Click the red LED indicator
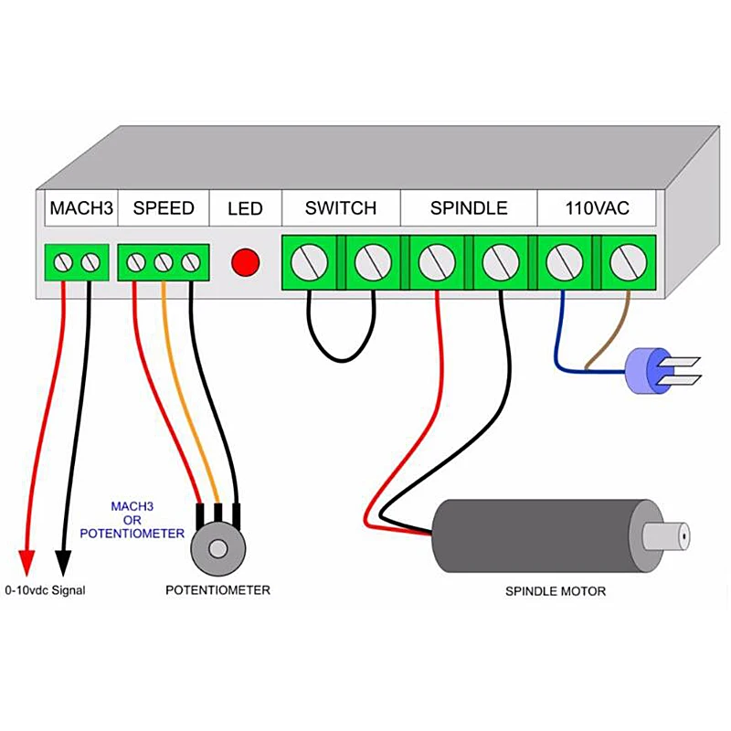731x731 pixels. coord(245,262)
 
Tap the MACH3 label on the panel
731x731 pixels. coord(81,208)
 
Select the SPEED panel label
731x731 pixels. coord(164,208)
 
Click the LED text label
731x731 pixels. coord(245,208)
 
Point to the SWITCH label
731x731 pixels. coord(341,208)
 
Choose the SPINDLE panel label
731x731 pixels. coord(469,208)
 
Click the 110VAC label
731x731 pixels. coord(598,208)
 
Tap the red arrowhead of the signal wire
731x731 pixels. coord(26,562)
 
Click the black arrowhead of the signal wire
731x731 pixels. coord(63,562)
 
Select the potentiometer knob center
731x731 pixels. coord(217,549)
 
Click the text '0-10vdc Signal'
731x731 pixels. coord(45,590)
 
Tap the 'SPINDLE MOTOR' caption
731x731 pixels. coord(556,591)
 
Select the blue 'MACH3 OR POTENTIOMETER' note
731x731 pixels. coord(132,520)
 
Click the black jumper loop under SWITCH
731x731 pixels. coord(341,359)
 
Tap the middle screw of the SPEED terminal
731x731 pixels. coord(164,262)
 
